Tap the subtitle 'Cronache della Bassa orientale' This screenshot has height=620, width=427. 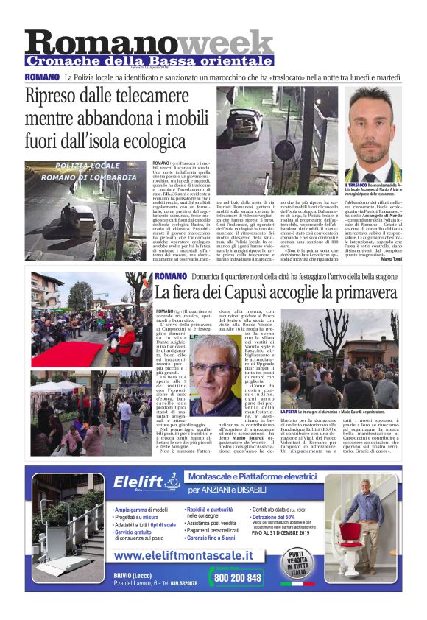point(149,60)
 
